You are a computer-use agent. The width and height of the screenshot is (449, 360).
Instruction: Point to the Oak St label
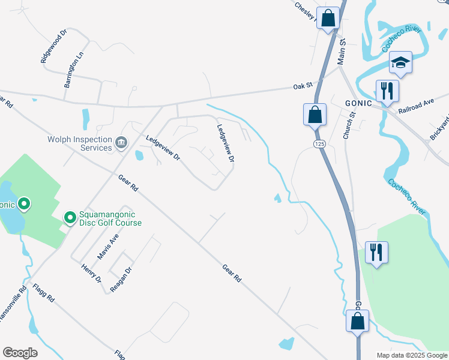pyautogui.click(x=303, y=86)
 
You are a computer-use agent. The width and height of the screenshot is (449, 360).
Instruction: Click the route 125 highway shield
pyautogui.click(x=318, y=144)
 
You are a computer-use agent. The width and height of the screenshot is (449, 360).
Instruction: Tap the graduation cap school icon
pyautogui.click(x=400, y=62)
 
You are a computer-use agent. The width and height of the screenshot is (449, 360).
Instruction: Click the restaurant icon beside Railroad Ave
pyautogui.click(x=385, y=91)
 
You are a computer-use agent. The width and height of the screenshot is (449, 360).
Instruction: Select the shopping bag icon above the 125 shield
pyautogui.click(x=315, y=113)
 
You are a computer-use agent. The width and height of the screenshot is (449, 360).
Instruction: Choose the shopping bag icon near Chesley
pyautogui.click(x=328, y=18)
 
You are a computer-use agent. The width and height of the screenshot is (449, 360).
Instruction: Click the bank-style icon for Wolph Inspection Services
pyautogui.click(x=121, y=142)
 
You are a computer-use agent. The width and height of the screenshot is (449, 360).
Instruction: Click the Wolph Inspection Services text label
pyautogui.click(x=80, y=143)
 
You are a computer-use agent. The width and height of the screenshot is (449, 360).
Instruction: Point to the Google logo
pyautogui.click(x=20, y=353)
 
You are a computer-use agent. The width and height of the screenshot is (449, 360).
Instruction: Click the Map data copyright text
pyautogui.click(x=411, y=355)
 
